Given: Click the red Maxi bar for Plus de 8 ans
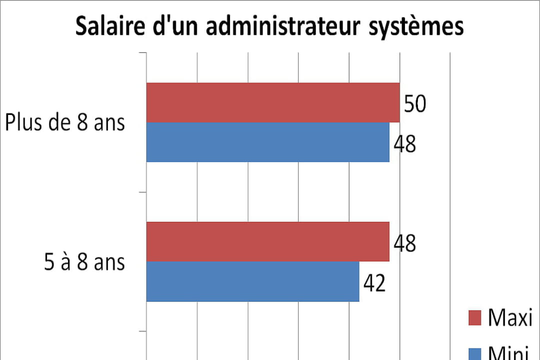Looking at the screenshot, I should pyautogui.click(x=273, y=102).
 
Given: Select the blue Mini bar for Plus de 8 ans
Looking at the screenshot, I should pyautogui.click(x=267, y=142).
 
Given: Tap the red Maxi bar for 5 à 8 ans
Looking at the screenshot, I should pyautogui.click(x=267, y=241).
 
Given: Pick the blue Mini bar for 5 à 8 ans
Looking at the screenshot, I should pyautogui.click(x=252, y=281).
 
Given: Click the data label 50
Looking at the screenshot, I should pyautogui.click(x=415, y=105).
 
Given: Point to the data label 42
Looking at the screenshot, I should pyautogui.click(x=374, y=284).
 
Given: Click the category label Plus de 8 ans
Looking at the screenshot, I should pyautogui.click(x=65, y=122).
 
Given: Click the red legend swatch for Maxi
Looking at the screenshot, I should pyautogui.click(x=475, y=317).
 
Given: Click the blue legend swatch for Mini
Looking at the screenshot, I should pyautogui.click(x=475, y=354).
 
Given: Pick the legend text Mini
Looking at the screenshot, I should pyautogui.click(x=509, y=354).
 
